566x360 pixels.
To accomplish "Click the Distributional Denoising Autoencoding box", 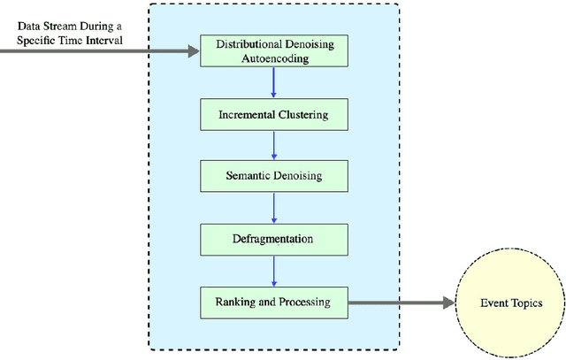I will (x=273, y=51).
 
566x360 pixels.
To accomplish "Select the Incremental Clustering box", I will (x=273, y=114).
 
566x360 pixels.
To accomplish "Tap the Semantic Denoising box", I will (x=273, y=176).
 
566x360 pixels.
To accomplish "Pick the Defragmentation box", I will (x=273, y=239).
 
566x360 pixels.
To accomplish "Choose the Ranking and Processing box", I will (x=273, y=302).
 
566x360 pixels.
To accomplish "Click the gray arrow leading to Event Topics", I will (x=398, y=303).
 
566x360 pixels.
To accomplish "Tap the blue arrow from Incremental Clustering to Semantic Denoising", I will (x=273, y=145).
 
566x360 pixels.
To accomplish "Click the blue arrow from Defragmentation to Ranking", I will (x=273, y=270).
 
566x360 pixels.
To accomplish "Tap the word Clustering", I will (x=302, y=114).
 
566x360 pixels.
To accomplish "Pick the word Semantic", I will (x=249, y=176).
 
